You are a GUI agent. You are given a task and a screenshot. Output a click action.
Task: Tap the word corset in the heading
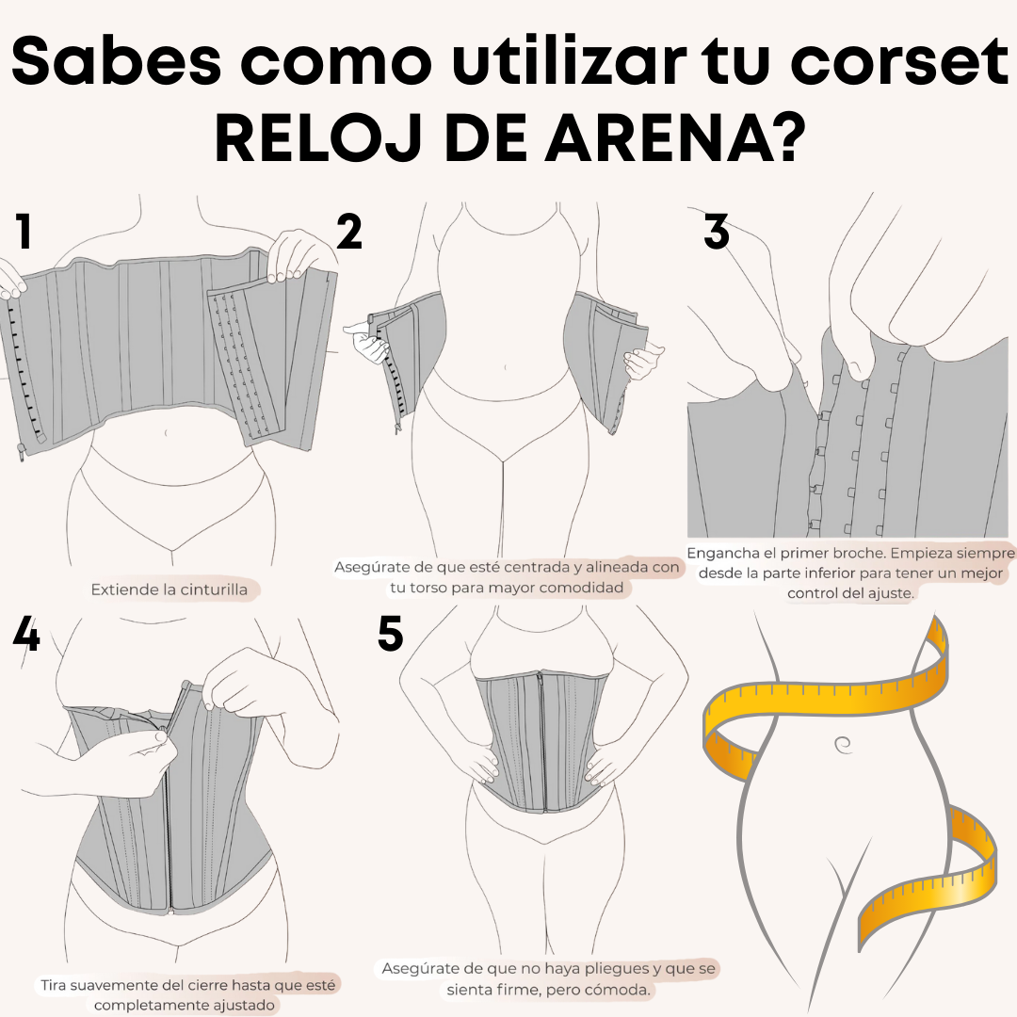pyautogui.click(x=899, y=60)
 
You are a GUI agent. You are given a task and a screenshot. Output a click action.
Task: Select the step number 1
pyautogui.click(x=24, y=232)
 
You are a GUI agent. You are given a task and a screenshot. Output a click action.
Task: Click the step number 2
pyautogui.click(x=349, y=232)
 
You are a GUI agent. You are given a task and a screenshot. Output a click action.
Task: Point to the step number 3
pyautogui.click(x=717, y=232)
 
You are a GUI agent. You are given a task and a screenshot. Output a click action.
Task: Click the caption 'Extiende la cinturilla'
pyautogui.click(x=169, y=589)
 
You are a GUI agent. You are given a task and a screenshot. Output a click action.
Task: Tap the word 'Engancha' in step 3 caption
pyautogui.click(x=723, y=554)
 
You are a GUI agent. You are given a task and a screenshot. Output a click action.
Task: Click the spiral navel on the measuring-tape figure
pyautogui.click(x=843, y=745)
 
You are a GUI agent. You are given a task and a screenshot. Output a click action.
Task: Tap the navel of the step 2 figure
pyautogui.click(x=506, y=368)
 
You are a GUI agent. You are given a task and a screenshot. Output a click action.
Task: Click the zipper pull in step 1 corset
pyautogui.click(x=22, y=451)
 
